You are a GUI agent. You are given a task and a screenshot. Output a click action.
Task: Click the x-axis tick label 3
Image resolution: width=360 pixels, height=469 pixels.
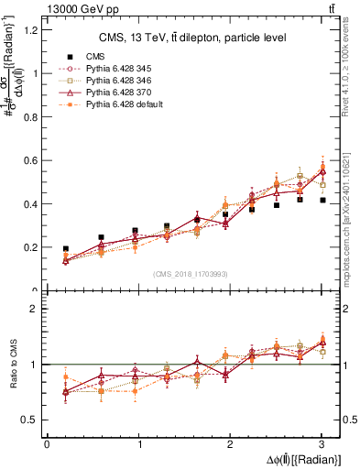[322, 444]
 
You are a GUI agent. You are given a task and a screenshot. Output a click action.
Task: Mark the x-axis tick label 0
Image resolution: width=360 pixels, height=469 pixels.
[47, 444]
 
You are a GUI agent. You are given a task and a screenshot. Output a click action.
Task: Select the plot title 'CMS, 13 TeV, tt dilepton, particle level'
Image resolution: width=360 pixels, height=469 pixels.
[192, 38]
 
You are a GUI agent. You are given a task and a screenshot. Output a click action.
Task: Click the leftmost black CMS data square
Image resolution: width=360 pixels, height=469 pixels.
[65, 249]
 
